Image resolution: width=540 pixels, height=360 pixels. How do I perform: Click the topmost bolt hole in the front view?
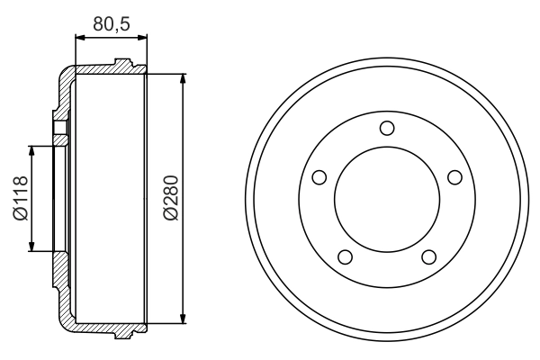coord(386,128)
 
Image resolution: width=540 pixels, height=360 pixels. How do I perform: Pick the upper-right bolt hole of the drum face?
coord(454,176)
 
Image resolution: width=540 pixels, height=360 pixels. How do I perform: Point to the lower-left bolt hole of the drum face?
coord(344,257)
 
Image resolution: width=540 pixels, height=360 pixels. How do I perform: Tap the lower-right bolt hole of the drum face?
coord(428,257)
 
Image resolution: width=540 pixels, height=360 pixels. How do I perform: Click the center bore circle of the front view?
coord(386,199)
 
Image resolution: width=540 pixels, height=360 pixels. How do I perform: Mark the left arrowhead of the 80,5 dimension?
coord(77,39)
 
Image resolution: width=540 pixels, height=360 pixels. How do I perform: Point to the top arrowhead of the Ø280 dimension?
coord(184,79)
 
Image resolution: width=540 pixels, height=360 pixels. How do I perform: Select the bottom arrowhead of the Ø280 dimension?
coord(184,317)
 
